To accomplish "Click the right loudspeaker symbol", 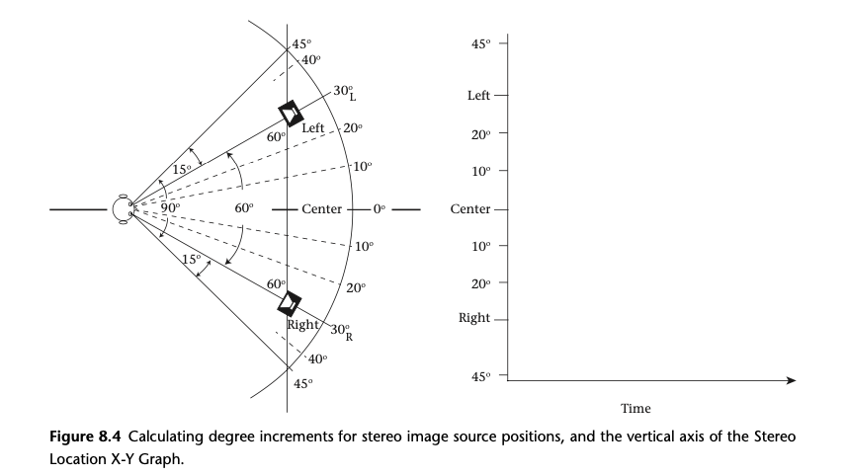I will (x=290, y=304).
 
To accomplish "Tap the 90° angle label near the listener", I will (x=170, y=208).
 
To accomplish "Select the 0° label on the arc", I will (x=381, y=209).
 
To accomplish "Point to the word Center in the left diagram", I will (x=321, y=209).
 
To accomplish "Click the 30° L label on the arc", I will (x=345, y=93).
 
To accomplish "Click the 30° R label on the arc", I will (x=342, y=331).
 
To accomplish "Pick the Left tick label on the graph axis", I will (x=481, y=96).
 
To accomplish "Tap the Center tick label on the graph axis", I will (x=474, y=209).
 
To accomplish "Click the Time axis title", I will (x=635, y=408).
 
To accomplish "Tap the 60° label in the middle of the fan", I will (x=244, y=208).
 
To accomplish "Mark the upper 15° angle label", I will (x=182, y=170).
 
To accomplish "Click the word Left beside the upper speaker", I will (x=312, y=128).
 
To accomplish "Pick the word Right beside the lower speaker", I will (x=301, y=323).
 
